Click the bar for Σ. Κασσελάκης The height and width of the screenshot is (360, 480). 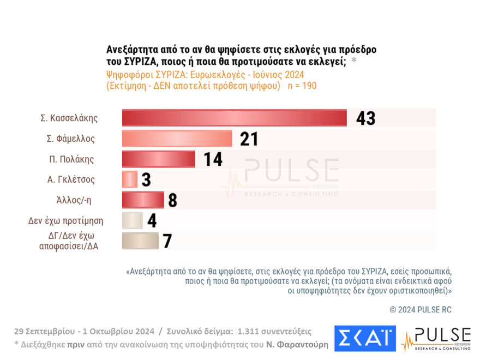(x=234, y=118)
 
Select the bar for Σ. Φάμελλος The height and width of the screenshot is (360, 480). (x=177, y=139)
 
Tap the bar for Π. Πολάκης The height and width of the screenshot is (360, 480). (x=158, y=159)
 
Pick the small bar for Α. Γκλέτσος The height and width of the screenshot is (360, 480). (x=129, y=179)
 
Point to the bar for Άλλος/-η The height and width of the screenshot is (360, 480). (x=142, y=200)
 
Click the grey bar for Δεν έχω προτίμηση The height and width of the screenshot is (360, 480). (x=132, y=220)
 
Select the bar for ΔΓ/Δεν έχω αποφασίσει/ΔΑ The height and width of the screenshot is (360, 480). (x=140, y=241)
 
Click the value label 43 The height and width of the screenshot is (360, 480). (x=365, y=118)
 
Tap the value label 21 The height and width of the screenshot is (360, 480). (x=249, y=139)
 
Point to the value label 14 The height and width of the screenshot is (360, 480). (x=213, y=159)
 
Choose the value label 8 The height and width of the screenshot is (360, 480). (x=172, y=200)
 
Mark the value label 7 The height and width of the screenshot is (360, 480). (x=167, y=241)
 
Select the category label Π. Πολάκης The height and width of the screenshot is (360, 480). (x=71, y=159)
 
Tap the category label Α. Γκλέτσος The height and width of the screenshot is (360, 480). (x=71, y=179)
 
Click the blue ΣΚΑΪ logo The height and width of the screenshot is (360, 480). (x=365, y=338)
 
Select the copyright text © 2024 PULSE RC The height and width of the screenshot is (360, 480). (x=420, y=309)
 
